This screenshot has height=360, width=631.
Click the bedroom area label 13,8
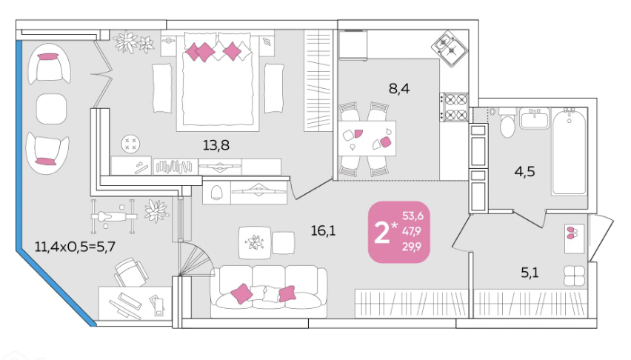[x=216, y=145]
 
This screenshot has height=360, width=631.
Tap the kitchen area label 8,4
[x=399, y=88]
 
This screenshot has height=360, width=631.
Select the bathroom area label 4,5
[x=525, y=172]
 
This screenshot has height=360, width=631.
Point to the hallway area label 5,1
[x=530, y=273]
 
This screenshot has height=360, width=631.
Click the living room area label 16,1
[x=323, y=230]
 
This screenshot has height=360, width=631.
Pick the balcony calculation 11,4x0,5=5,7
[x=75, y=246]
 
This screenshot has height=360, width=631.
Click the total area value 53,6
[x=413, y=216]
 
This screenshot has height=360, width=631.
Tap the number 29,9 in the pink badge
[x=412, y=247]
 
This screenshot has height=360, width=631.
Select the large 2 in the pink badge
[x=381, y=233]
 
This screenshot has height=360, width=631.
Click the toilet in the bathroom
[x=507, y=123]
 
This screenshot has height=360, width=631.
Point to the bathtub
[x=569, y=151]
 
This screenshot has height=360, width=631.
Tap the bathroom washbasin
[x=534, y=118]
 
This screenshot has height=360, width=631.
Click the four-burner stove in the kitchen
[x=454, y=107]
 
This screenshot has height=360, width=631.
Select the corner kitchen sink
[x=450, y=49]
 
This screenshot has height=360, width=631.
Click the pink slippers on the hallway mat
[x=572, y=233]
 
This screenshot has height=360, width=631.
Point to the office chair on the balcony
[x=131, y=272]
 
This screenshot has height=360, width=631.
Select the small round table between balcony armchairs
[x=52, y=109]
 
